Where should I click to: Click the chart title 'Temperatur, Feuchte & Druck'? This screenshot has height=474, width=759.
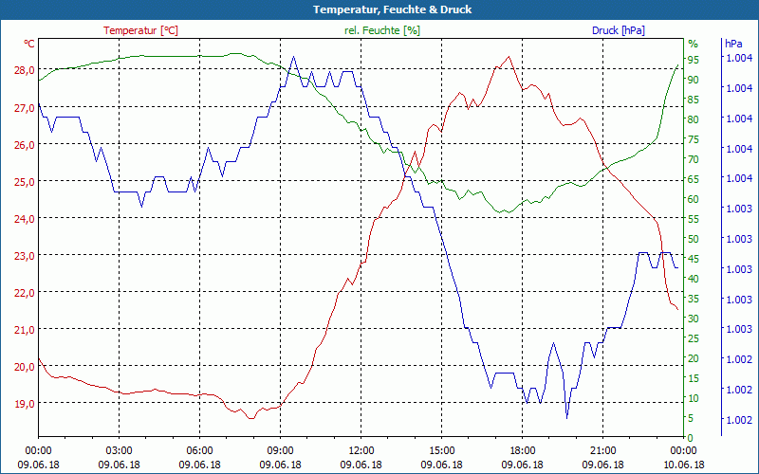click(379, 9)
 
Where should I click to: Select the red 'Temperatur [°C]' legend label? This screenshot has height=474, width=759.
click(140, 30)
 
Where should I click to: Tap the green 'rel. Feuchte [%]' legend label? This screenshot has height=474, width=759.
click(381, 30)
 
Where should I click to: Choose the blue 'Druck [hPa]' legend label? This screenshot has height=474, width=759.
click(618, 30)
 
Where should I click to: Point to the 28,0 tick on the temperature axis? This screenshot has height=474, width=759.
click(24, 70)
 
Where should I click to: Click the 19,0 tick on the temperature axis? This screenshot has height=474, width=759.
click(24, 403)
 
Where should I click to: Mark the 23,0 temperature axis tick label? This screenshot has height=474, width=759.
click(24, 255)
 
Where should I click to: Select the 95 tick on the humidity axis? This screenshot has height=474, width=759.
click(694, 60)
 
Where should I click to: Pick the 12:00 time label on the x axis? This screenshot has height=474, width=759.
click(361, 451)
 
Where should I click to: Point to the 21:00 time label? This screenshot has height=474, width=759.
click(603, 451)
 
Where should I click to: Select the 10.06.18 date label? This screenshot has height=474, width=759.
click(684, 465)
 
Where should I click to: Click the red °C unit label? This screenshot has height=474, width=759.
click(29, 44)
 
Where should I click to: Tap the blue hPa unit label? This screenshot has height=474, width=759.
click(733, 44)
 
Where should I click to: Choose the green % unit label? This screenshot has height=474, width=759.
click(693, 44)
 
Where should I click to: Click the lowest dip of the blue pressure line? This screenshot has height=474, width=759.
click(566, 417)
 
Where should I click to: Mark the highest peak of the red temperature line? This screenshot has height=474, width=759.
click(509, 57)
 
